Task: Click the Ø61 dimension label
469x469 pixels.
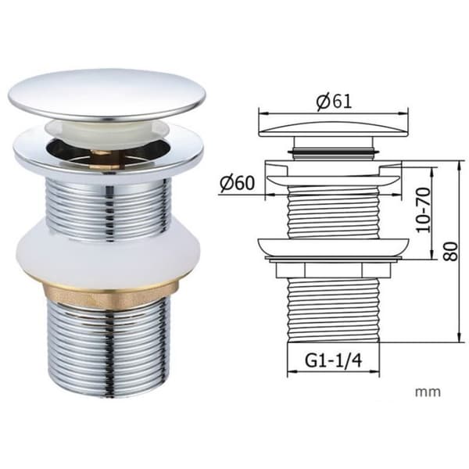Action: pyautogui.click(x=335, y=102)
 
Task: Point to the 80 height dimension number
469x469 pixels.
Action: pyautogui.click(x=450, y=251)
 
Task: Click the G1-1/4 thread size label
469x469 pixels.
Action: pyautogui.click(x=333, y=360)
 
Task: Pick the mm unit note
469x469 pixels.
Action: pyautogui.click(x=428, y=392)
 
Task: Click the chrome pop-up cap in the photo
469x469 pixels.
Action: pyautogui.click(x=107, y=95)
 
